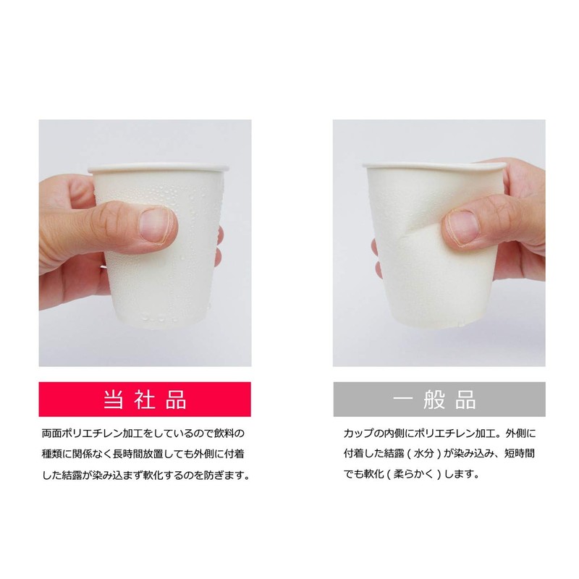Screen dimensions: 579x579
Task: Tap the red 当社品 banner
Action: (x=145, y=399)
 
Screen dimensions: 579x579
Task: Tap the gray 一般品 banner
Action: (x=439, y=399)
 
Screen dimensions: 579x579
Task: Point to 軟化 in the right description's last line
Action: (x=376, y=476)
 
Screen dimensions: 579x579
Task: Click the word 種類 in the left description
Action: (x=54, y=455)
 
